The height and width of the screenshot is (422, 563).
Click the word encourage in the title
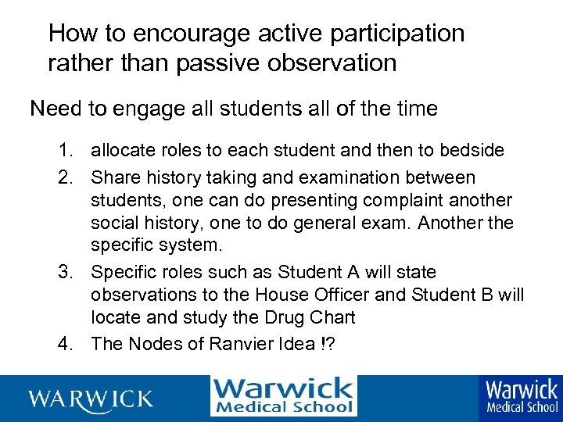point(180,34)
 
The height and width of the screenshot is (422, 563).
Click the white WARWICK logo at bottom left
point(91,399)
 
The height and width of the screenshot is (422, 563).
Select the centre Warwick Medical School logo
point(283,396)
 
